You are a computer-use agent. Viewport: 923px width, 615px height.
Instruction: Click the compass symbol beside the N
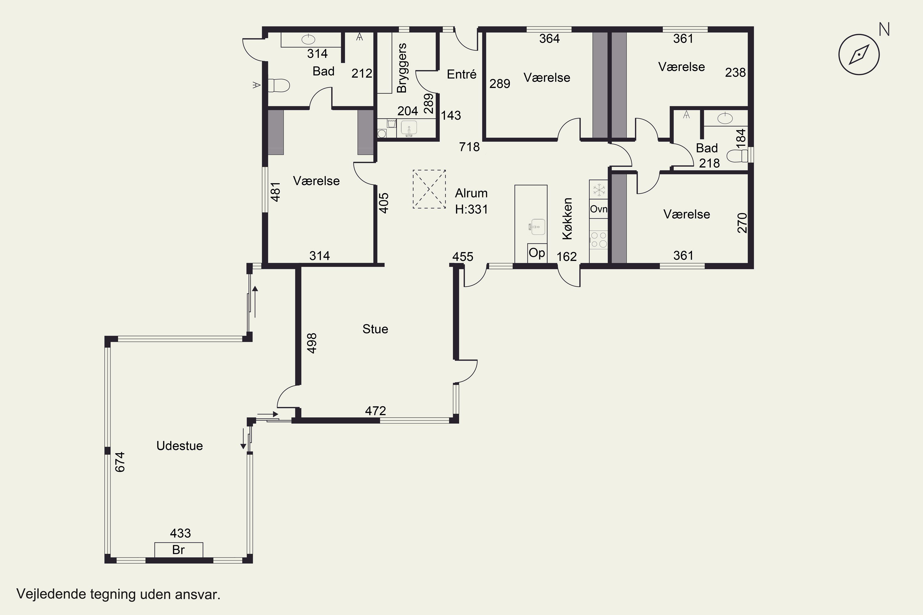click(x=859, y=54)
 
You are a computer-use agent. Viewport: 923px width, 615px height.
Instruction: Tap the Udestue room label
click(x=179, y=446)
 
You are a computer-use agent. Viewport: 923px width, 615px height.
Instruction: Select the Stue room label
click(x=375, y=329)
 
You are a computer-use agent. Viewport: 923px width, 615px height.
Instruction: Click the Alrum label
click(x=471, y=193)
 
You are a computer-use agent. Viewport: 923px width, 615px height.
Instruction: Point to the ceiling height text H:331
click(x=471, y=209)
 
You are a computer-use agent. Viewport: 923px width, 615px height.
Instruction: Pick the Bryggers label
click(x=402, y=68)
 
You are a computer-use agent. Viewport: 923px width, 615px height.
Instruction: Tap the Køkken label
click(x=567, y=218)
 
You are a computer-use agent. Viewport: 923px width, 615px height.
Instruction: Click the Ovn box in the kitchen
click(x=598, y=209)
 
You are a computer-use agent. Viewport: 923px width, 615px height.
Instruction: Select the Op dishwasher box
click(x=537, y=253)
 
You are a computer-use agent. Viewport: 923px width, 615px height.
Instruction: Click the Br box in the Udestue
click(x=178, y=550)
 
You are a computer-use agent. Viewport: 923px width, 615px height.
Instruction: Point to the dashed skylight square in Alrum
click(x=429, y=189)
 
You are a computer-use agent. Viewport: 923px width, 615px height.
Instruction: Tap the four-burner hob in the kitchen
click(x=598, y=240)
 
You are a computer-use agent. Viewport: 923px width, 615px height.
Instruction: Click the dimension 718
click(x=469, y=147)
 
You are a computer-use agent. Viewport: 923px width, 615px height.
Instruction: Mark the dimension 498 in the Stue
click(x=312, y=343)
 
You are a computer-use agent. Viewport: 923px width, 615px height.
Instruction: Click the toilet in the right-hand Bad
click(x=738, y=156)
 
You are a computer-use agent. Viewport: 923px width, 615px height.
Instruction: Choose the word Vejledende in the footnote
click(x=51, y=594)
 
